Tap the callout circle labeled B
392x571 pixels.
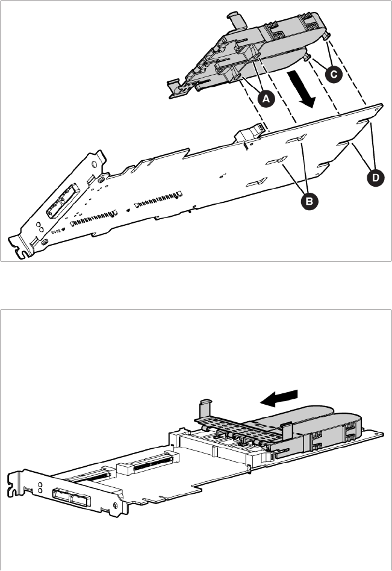point(308,201)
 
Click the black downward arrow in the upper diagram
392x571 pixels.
point(302,89)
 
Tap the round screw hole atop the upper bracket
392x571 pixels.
point(96,163)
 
